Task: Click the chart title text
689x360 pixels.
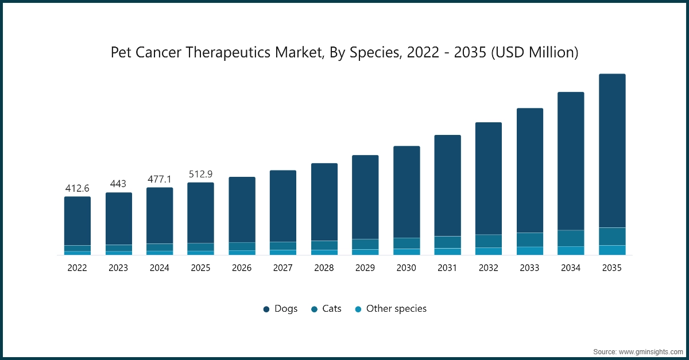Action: point(344,53)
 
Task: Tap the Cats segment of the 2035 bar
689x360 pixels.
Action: point(612,237)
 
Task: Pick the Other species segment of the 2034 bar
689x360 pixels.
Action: point(571,250)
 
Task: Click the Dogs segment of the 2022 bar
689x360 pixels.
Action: point(78,221)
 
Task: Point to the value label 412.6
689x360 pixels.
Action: point(78,188)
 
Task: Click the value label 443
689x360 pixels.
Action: point(118,184)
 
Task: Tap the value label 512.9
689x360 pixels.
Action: point(200,174)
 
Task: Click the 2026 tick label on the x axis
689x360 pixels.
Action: point(242,268)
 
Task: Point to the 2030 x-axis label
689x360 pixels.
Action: point(406,268)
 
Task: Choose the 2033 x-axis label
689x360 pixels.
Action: point(529,268)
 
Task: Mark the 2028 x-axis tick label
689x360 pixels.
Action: point(324,268)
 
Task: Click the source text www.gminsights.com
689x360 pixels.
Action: point(638,351)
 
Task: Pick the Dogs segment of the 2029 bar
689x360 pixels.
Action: point(365,197)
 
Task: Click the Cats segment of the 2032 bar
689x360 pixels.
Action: point(489,241)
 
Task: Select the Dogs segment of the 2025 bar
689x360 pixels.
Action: point(200,212)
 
